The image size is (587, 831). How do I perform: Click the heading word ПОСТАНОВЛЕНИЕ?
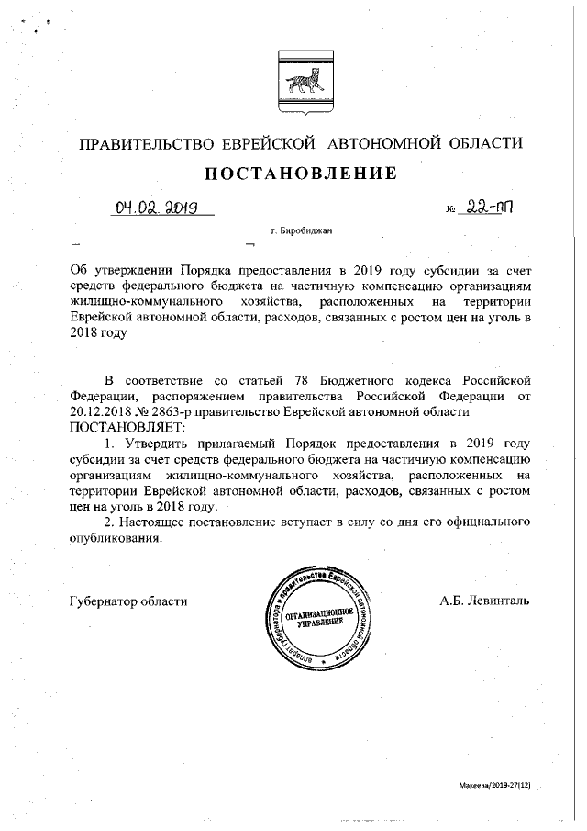point(300,173)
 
